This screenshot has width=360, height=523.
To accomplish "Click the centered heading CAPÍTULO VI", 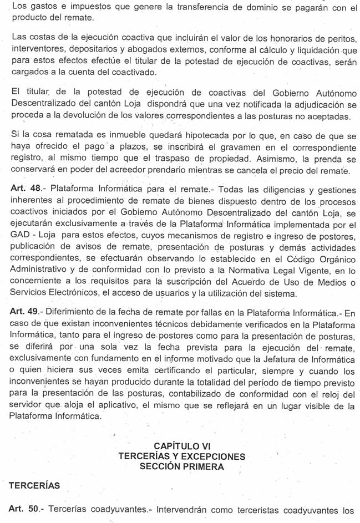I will pyautogui.click(x=182, y=445).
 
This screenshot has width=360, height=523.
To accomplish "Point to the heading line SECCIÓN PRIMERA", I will pyautogui.click(x=182, y=466).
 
